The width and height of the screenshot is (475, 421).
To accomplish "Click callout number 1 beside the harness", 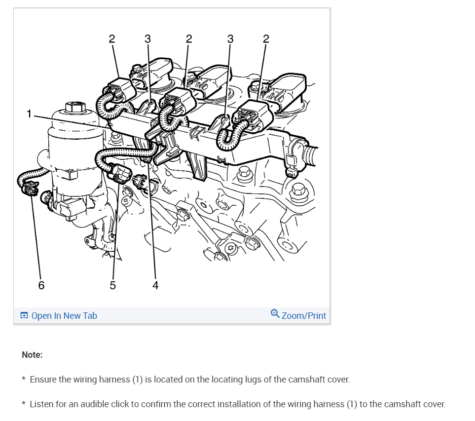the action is click(29, 114).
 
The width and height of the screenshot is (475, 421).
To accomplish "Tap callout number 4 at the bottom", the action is click(155, 285).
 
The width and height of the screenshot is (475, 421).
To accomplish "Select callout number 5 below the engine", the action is click(112, 285).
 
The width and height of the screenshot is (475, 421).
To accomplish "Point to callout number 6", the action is click(41, 285).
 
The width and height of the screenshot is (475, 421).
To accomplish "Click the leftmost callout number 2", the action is click(112, 39).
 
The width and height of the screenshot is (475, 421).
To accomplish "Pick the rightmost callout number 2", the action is click(266, 39).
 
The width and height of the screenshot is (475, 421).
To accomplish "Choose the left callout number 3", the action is click(147, 39).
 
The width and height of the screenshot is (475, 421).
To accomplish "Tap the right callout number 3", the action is click(230, 39).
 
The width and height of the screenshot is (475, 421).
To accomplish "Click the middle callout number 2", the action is click(189, 39).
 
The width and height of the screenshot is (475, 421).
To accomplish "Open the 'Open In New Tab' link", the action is click(64, 315).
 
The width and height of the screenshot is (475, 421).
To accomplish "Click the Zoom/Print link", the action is click(304, 315).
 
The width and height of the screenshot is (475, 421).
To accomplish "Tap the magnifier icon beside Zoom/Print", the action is click(275, 313).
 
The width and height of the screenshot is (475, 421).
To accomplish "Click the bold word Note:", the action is click(32, 355).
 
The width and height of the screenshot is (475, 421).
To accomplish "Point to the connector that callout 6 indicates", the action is click(30, 188).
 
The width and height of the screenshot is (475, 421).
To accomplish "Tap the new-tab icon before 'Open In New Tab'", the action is click(24, 315).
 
